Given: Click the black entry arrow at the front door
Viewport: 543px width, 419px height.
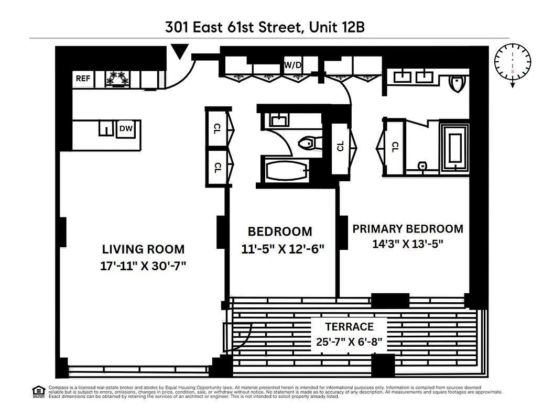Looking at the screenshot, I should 180,51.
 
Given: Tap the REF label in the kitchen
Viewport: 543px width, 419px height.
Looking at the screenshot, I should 83,79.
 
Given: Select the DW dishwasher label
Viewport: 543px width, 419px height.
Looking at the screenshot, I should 125,128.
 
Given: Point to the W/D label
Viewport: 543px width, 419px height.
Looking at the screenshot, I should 292,65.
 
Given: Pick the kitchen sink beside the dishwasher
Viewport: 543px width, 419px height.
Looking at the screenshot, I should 106,129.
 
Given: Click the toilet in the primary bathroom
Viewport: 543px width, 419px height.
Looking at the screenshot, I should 458,83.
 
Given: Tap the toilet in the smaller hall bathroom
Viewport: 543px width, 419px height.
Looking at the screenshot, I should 306,142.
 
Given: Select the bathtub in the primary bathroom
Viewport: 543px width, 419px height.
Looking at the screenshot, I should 454,149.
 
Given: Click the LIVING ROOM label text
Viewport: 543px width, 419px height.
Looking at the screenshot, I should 143,249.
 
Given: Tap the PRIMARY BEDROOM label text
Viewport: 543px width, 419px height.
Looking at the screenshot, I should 407,229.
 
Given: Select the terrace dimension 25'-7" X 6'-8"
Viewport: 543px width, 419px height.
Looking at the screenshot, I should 350,343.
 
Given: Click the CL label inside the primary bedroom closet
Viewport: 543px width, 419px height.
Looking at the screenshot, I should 395,148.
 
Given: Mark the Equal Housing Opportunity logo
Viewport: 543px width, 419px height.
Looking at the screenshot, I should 38,391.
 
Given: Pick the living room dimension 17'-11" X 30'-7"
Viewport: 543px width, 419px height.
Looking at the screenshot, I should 143,266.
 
